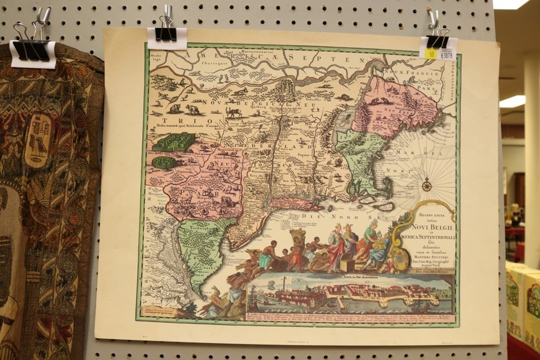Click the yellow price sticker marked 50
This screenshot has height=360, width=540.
click(431, 54)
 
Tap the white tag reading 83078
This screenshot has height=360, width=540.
click(446, 54)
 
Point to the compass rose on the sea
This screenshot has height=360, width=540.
click(426, 184)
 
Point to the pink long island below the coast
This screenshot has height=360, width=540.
click(294, 204)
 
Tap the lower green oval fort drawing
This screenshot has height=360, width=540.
click(164, 163)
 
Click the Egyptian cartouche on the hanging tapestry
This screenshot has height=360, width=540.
click(38, 141)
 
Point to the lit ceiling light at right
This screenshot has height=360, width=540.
click(513, 101)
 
